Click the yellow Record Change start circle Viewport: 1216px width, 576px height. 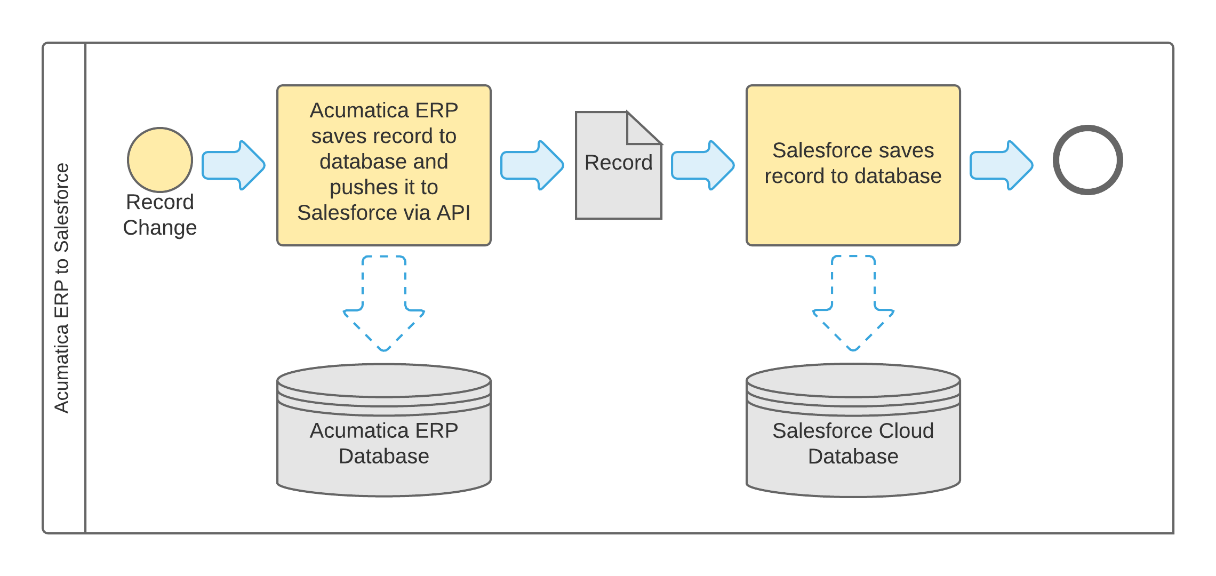click(160, 159)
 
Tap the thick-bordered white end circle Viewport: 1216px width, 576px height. click(1087, 160)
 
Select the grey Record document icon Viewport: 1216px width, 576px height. click(618, 187)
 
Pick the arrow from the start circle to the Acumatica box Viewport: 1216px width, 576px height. click(234, 165)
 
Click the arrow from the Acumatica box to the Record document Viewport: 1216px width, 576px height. click(532, 165)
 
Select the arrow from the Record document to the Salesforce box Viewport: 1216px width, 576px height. click(703, 165)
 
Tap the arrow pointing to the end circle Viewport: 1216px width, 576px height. click(1002, 165)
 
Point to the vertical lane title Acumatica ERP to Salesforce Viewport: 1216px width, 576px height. click(62, 288)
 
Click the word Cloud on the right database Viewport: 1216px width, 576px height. click(906, 431)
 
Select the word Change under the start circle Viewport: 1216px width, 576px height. click(160, 228)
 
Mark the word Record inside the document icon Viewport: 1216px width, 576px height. click(618, 163)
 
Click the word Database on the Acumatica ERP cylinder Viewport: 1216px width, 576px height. click(384, 457)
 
